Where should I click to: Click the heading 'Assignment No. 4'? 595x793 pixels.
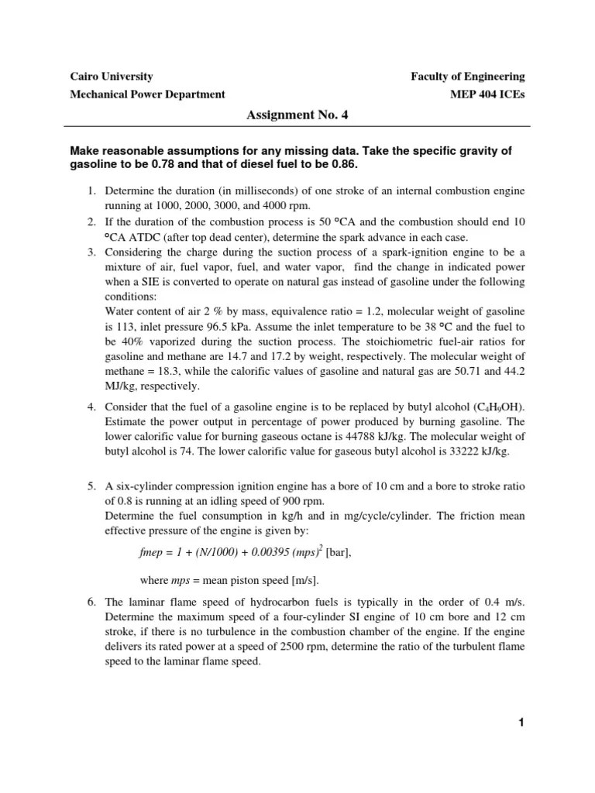pos(297,115)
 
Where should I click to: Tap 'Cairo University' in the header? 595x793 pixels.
pos(112,77)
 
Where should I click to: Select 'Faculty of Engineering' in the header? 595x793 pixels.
pos(467,77)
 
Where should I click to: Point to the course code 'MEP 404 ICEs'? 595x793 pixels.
pos(487,94)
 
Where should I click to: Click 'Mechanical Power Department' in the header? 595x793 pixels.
pos(147,94)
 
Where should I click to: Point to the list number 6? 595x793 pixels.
pos(90,602)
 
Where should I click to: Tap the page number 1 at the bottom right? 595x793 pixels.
pos(522,723)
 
